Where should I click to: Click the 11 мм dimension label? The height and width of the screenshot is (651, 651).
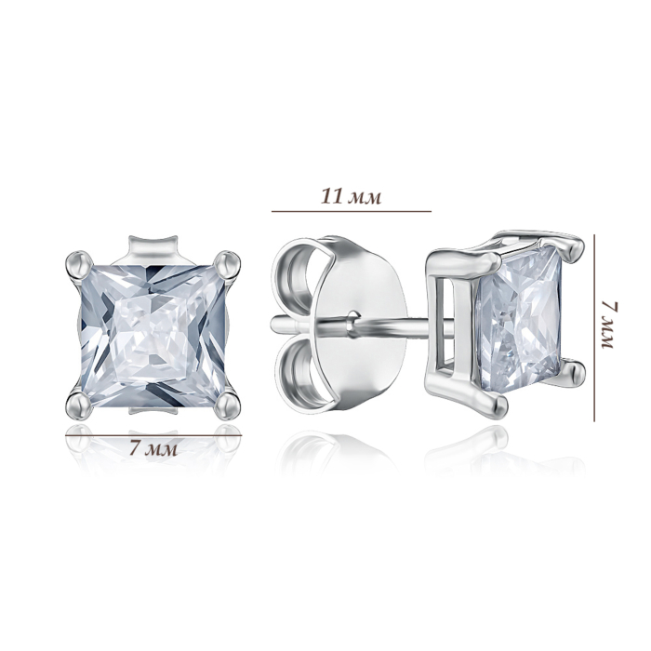(352, 196)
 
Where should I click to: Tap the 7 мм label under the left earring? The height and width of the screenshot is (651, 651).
(153, 447)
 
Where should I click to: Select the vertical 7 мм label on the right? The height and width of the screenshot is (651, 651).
(609, 325)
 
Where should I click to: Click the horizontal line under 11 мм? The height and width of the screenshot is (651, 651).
(352, 211)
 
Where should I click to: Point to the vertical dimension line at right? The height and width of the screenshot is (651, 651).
(594, 328)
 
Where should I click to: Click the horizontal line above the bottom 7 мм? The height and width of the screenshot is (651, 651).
(153, 435)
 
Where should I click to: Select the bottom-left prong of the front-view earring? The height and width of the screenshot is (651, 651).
(80, 404)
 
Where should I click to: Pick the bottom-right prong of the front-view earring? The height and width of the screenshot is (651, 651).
(227, 404)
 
